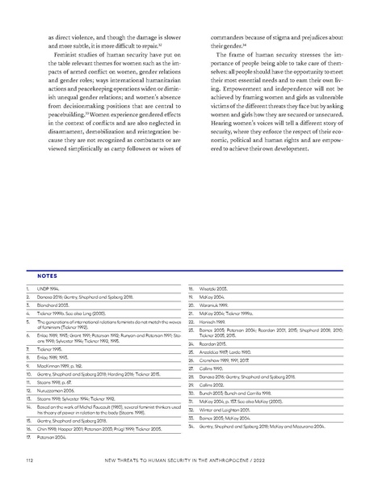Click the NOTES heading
click(x=36, y=274)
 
